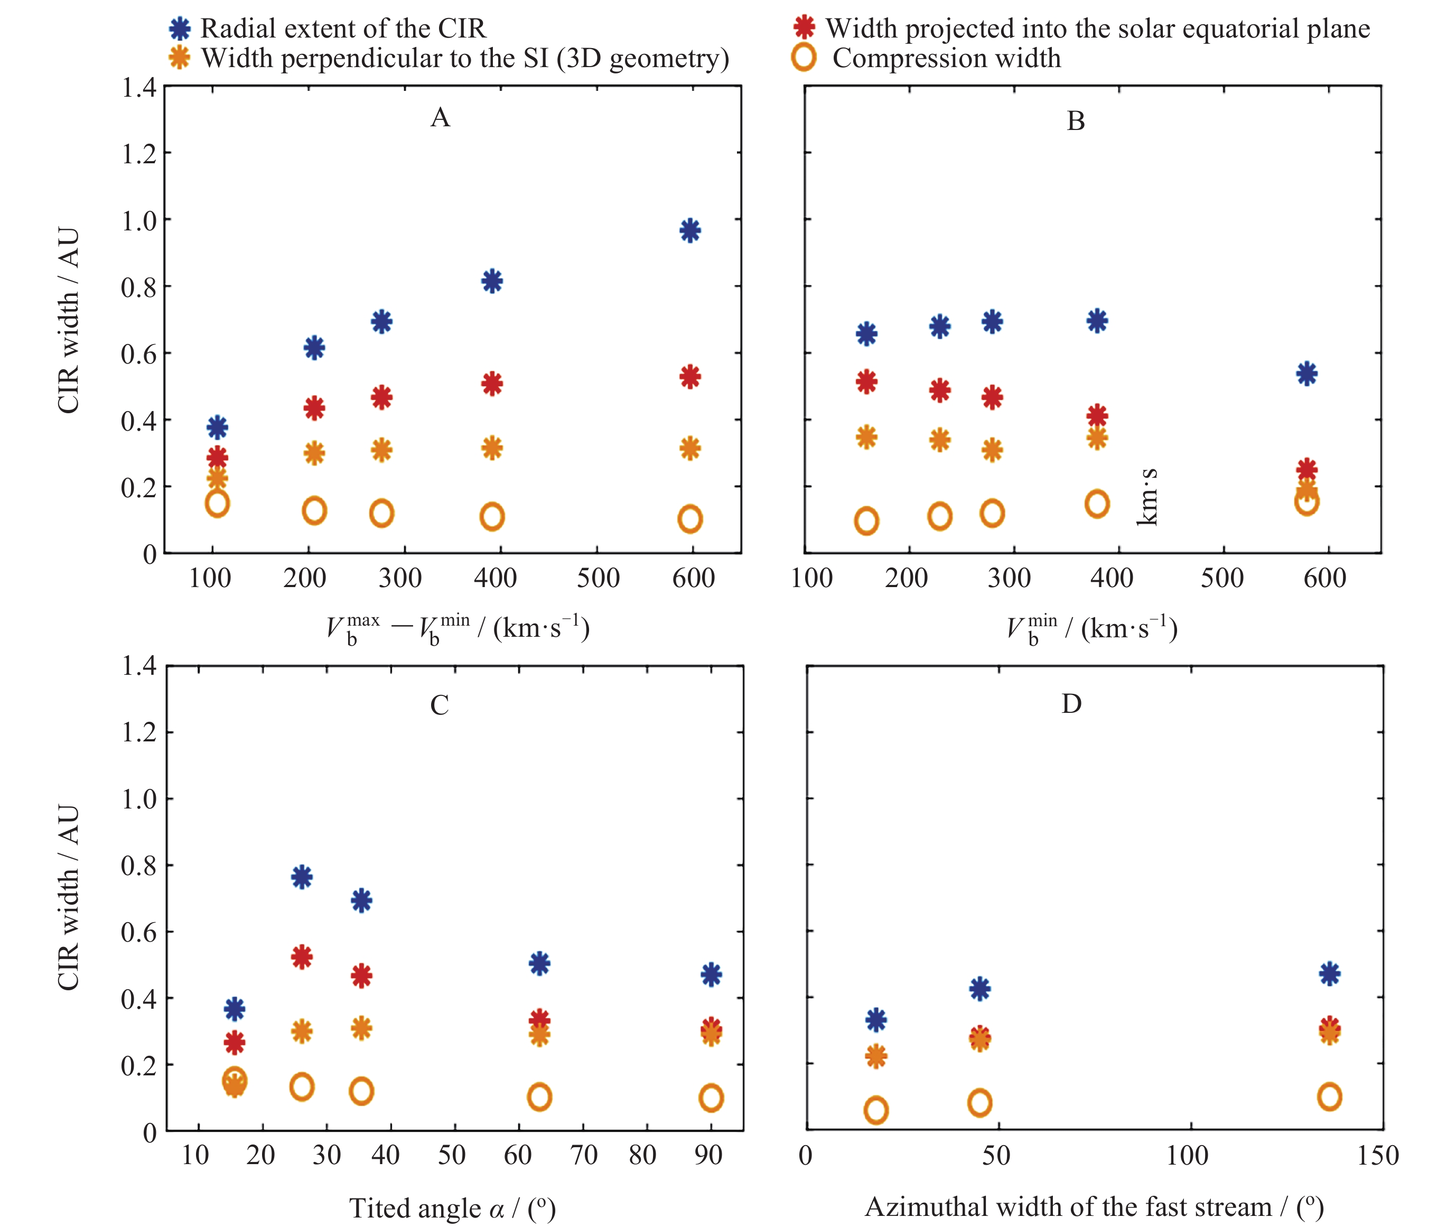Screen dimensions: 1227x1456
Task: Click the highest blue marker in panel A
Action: [690, 230]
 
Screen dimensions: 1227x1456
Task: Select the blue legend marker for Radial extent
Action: [180, 29]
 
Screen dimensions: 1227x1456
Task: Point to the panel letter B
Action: [1076, 122]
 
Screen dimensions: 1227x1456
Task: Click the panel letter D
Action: [1071, 704]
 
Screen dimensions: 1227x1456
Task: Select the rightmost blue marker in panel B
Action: [1306, 374]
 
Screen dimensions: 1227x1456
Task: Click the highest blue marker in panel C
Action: [302, 877]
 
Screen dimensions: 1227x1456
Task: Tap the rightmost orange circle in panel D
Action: [1329, 1097]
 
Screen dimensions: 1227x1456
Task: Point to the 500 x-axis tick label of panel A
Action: [598, 578]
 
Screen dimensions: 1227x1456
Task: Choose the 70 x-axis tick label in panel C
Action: [583, 1155]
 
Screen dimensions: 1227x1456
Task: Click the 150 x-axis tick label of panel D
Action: [1377, 1155]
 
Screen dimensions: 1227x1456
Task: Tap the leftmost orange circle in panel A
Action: [218, 504]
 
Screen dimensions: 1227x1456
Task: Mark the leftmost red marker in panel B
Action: [866, 381]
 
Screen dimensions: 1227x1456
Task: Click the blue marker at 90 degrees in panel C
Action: [711, 974]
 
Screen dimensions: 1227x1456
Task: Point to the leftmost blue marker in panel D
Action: [876, 1020]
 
